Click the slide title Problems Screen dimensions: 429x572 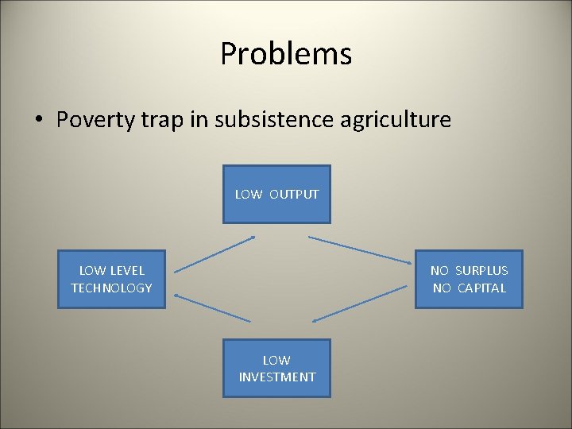286,54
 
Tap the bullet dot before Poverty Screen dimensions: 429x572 38,121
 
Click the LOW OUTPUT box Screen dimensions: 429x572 276,194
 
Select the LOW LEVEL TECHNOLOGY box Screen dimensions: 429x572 111,279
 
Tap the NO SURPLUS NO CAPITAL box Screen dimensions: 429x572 470,279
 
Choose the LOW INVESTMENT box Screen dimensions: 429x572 276,368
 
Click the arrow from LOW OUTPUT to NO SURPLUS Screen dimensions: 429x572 361,249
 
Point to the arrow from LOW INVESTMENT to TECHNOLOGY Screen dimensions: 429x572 212,308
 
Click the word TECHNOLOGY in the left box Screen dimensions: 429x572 111,288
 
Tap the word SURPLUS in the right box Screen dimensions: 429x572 481,271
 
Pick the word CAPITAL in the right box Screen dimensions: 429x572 481,288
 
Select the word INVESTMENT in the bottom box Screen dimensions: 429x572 276,377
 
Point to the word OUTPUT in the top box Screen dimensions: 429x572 293,195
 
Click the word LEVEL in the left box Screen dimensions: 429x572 127,271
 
